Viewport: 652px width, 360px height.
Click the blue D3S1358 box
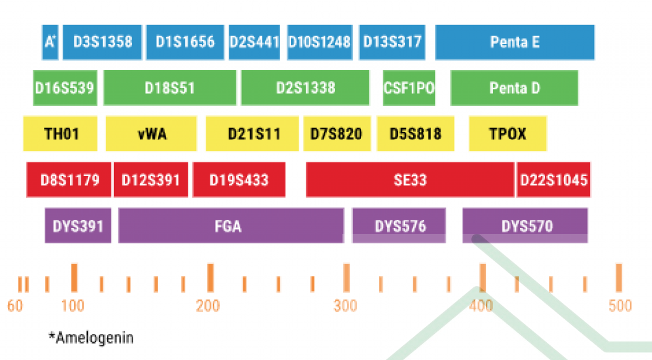coord(102,42)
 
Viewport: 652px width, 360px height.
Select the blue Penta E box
coord(514,42)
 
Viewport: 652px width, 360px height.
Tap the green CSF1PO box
coord(409,87)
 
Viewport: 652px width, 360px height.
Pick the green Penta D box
coord(514,87)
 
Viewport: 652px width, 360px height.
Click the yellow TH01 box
coord(60,134)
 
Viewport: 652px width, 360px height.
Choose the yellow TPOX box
coord(507,134)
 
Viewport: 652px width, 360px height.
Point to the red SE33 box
coord(410,180)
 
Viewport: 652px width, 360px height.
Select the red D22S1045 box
coord(553,180)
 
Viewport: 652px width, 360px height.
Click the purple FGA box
coord(230,225)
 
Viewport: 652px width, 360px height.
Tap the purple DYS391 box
coord(78,225)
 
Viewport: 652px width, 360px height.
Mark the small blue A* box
coord(50,42)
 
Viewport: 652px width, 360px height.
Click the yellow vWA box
coord(152,134)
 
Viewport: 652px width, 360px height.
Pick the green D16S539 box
coord(65,87)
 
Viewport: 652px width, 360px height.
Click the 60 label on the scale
coord(15,306)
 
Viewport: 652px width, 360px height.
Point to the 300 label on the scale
coord(345,306)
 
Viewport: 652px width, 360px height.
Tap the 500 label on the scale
coord(620,306)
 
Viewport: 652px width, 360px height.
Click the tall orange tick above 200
coord(210,278)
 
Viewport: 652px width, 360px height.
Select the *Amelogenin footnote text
coord(91,337)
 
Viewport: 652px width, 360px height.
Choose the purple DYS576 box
coord(399,225)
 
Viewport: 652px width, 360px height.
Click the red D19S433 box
coord(239,180)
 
